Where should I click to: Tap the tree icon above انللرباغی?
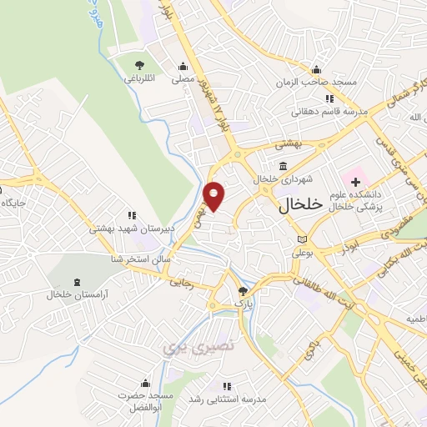click(138, 65)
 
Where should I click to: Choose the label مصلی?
click(183, 80)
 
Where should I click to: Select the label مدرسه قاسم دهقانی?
click(324, 111)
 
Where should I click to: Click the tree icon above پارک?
click(243, 291)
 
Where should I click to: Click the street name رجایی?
click(181, 283)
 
